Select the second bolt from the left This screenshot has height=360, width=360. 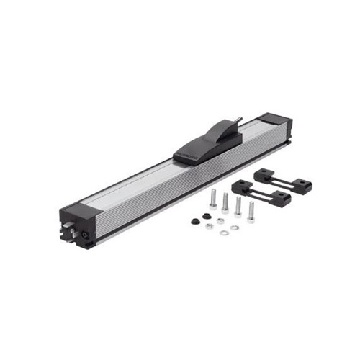[x=225, y=202]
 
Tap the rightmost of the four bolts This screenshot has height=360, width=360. [x=251, y=211]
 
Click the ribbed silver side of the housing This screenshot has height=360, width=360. [x=144, y=202]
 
